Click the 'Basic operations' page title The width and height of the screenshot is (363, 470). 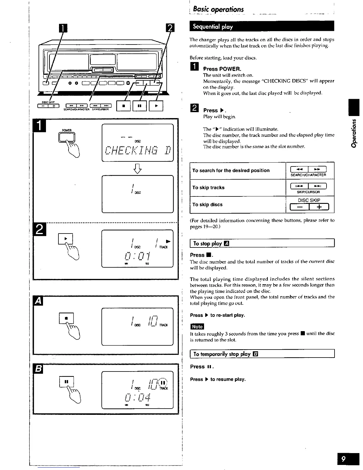pyautogui.click(x=218, y=9)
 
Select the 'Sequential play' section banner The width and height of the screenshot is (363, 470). pyautogui.click(x=213, y=27)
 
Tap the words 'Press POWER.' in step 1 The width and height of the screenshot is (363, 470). pyautogui.click(x=222, y=69)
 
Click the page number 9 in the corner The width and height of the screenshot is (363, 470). pyautogui.click(x=344, y=459)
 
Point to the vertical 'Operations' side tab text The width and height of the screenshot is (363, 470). pyautogui.click(x=354, y=133)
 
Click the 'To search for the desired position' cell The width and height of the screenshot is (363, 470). pyautogui.click(x=231, y=171)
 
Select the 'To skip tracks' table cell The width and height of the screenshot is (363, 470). pyautogui.click(x=208, y=188)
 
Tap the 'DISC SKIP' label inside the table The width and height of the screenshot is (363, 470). pyautogui.click(x=309, y=200)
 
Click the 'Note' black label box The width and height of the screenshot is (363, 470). pyautogui.click(x=197, y=327)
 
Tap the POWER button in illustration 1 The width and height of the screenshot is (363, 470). pyautogui.click(x=67, y=137)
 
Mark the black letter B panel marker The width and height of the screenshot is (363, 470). pyautogui.click(x=39, y=369)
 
